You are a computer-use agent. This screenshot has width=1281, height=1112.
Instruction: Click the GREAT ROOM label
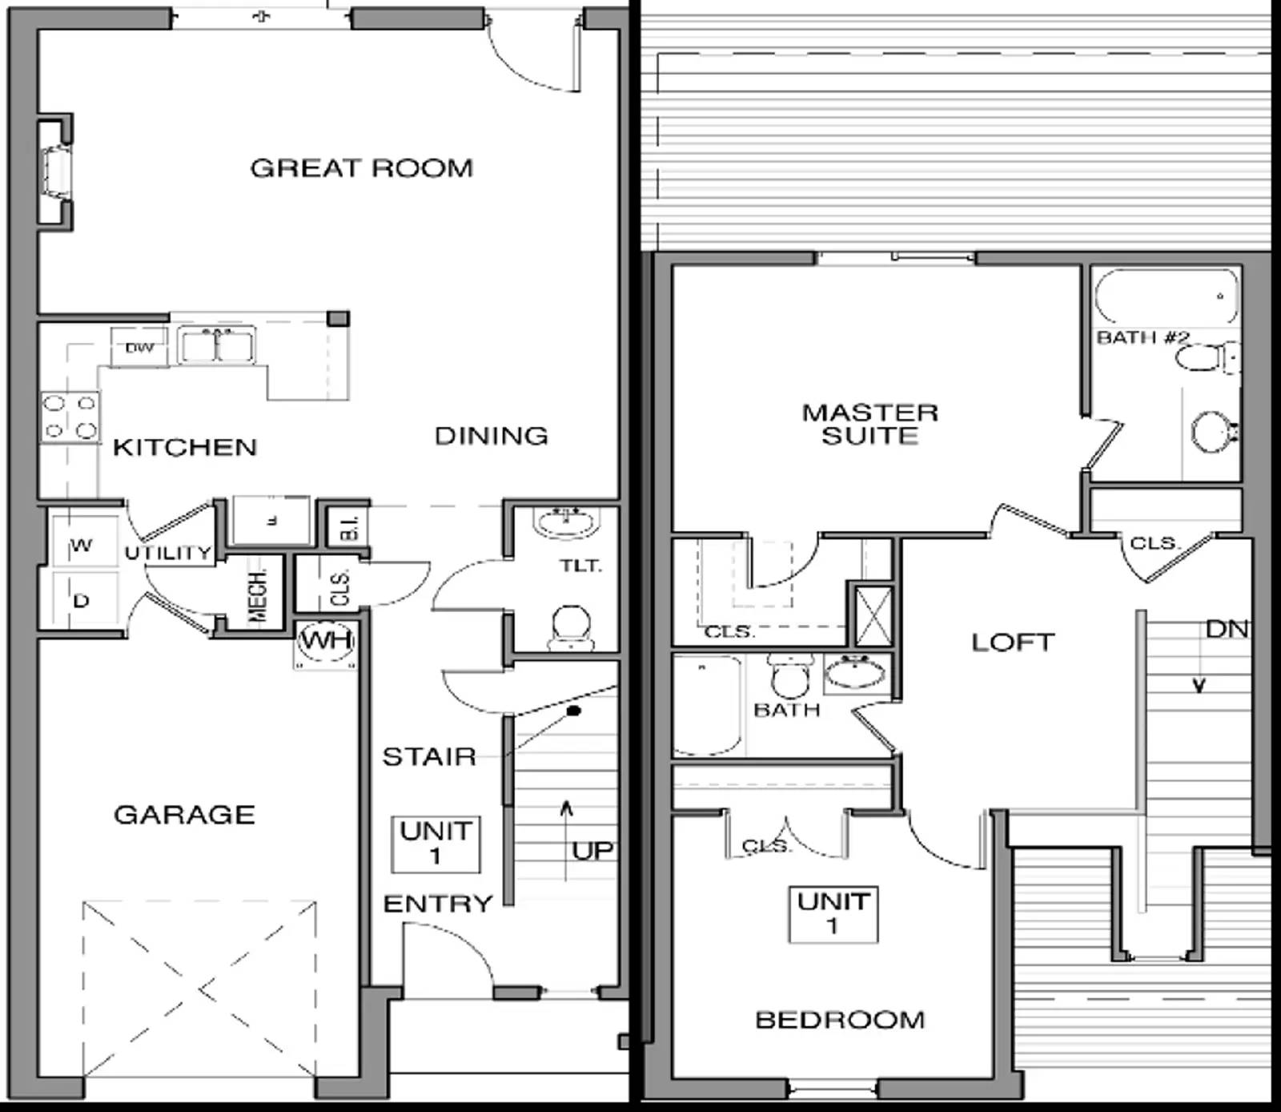(361, 168)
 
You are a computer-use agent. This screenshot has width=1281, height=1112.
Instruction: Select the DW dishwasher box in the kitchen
(139, 348)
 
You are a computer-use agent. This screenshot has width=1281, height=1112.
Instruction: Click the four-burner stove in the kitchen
(70, 417)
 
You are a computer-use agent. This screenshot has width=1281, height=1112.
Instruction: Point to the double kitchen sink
(216, 344)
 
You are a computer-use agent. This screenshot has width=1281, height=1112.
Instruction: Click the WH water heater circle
(326, 641)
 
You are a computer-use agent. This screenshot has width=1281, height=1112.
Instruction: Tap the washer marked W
(82, 546)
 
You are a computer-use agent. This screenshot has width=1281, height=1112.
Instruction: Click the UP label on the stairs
(592, 851)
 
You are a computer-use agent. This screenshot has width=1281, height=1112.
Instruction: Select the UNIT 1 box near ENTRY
(436, 844)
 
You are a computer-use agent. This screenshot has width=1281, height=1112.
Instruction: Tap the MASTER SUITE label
(869, 424)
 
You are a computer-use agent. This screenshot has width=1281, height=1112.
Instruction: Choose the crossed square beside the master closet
(873, 616)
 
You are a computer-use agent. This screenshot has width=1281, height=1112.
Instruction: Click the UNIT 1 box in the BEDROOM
(833, 914)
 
